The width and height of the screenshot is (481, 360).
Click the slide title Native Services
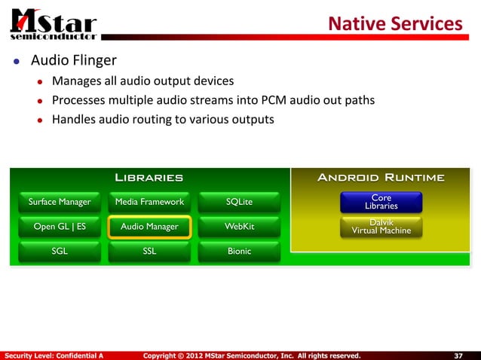(x=394, y=24)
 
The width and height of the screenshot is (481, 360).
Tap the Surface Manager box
(x=59, y=201)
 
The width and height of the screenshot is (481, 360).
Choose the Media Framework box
(x=149, y=201)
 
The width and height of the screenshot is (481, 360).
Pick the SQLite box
(x=239, y=201)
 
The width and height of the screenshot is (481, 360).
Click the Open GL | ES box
(x=59, y=226)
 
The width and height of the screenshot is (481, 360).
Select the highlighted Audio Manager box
(x=149, y=226)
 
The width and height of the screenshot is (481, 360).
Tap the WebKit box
(x=239, y=226)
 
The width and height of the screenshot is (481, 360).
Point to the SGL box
(x=59, y=251)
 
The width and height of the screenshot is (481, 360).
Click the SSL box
(x=149, y=251)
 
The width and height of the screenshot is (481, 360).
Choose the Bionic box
(x=239, y=251)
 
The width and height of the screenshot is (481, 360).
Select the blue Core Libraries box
(x=381, y=202)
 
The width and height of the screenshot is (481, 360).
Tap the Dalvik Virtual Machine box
(x=381, y=226)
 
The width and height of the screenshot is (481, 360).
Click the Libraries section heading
(x=149, y=178)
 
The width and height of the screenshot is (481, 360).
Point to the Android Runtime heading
(x=381, y=178)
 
